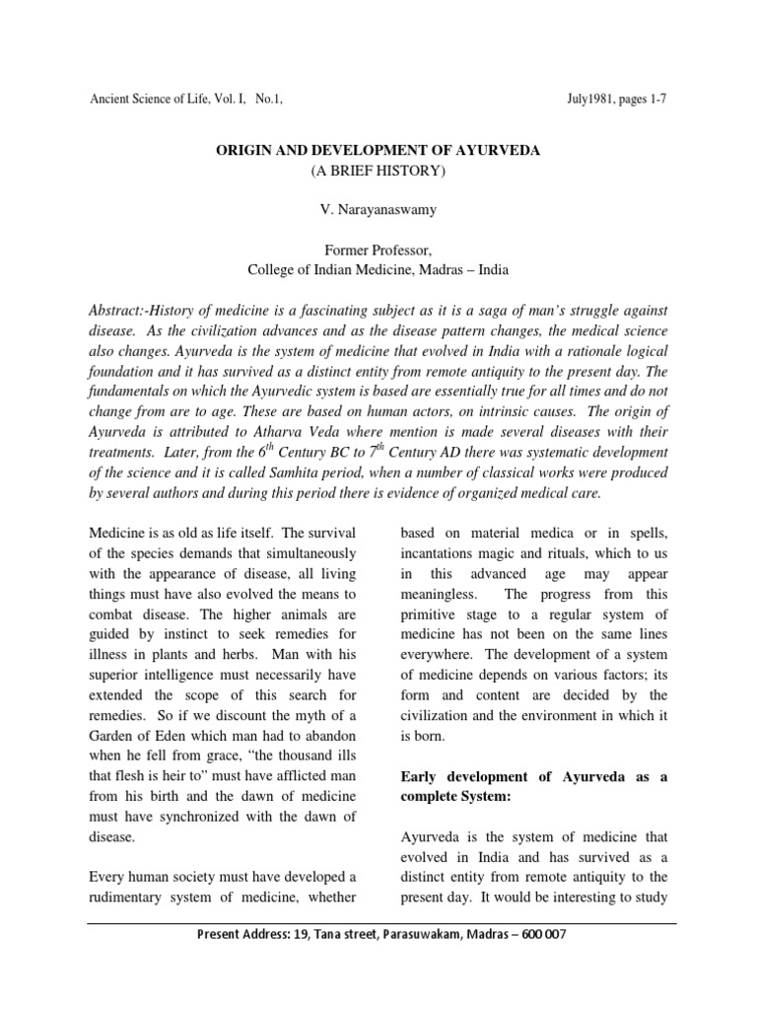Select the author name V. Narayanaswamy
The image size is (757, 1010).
378,212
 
